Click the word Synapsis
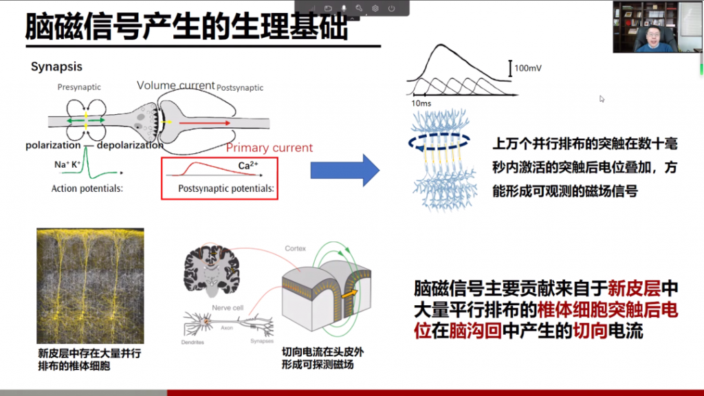[56, 67]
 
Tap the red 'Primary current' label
[269, 148]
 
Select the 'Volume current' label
[175, 85]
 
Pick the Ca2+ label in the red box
[248, 166]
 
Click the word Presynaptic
[79, 87]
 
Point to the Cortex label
[296, 248]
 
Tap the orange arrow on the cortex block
[351, 292]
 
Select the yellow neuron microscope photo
[90, 286]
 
